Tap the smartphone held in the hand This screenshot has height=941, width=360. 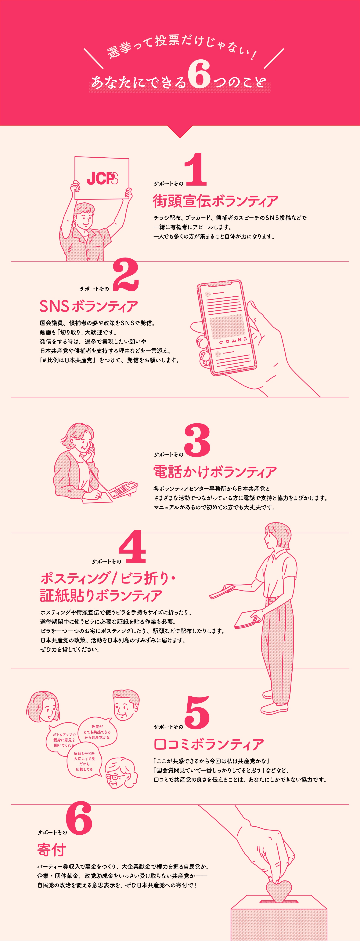(226, 328)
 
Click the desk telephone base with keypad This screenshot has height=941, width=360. (123, 489)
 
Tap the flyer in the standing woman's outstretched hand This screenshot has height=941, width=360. (222, 591)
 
